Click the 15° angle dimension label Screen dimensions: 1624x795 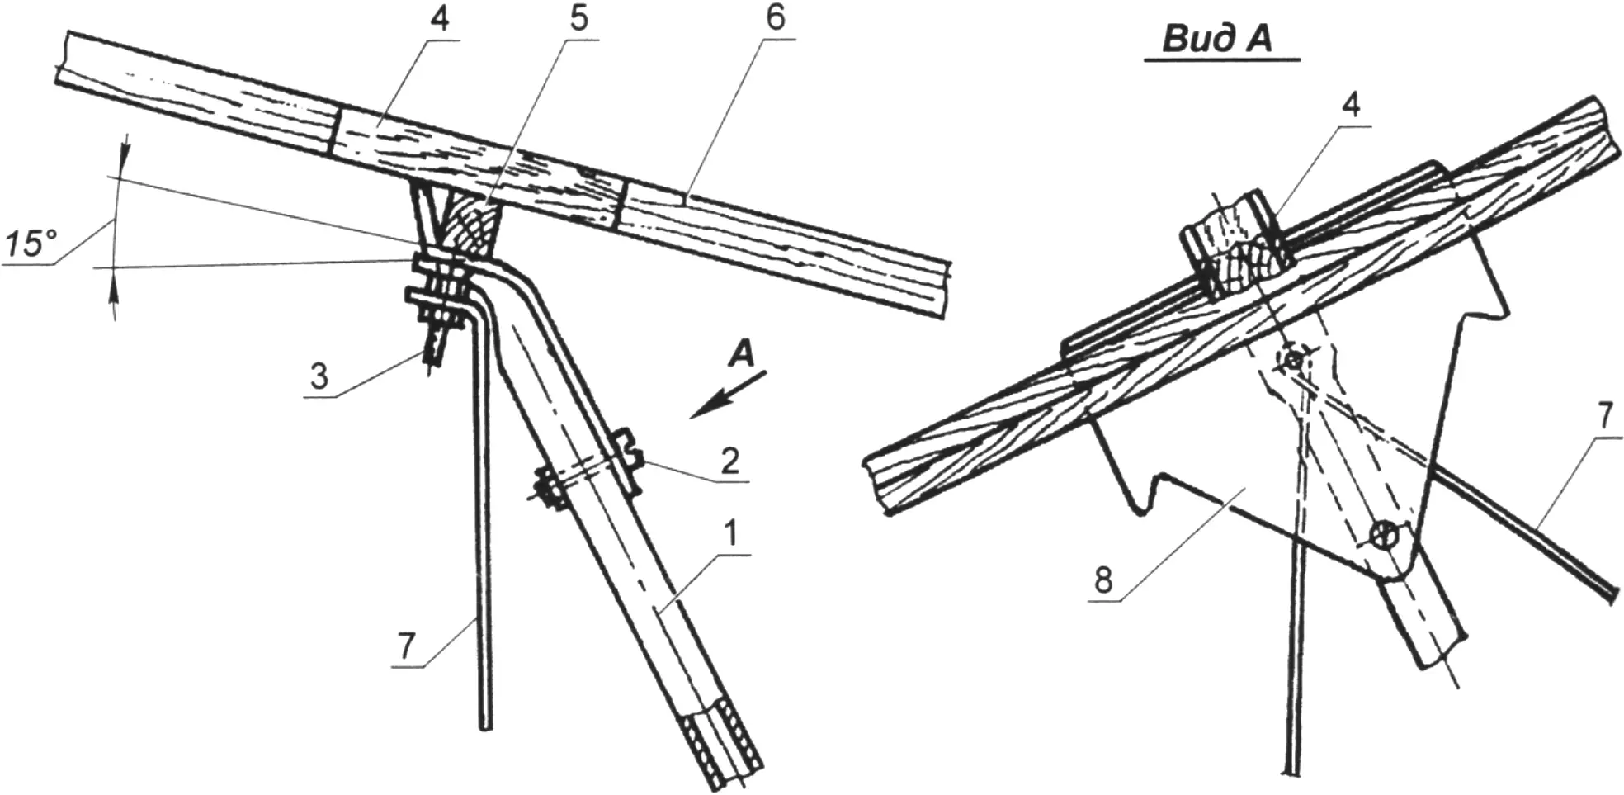tap(31, 245)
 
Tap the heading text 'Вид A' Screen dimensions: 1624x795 tap(1217, 39)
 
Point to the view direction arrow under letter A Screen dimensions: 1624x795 tap(729, 395)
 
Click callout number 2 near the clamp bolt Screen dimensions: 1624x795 tap(729, 461)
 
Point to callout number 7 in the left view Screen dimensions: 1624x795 tap(407, 646)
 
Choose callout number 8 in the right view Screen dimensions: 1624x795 tap(1103, 580)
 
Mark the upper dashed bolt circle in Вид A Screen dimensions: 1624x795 tap(1292, 360)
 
